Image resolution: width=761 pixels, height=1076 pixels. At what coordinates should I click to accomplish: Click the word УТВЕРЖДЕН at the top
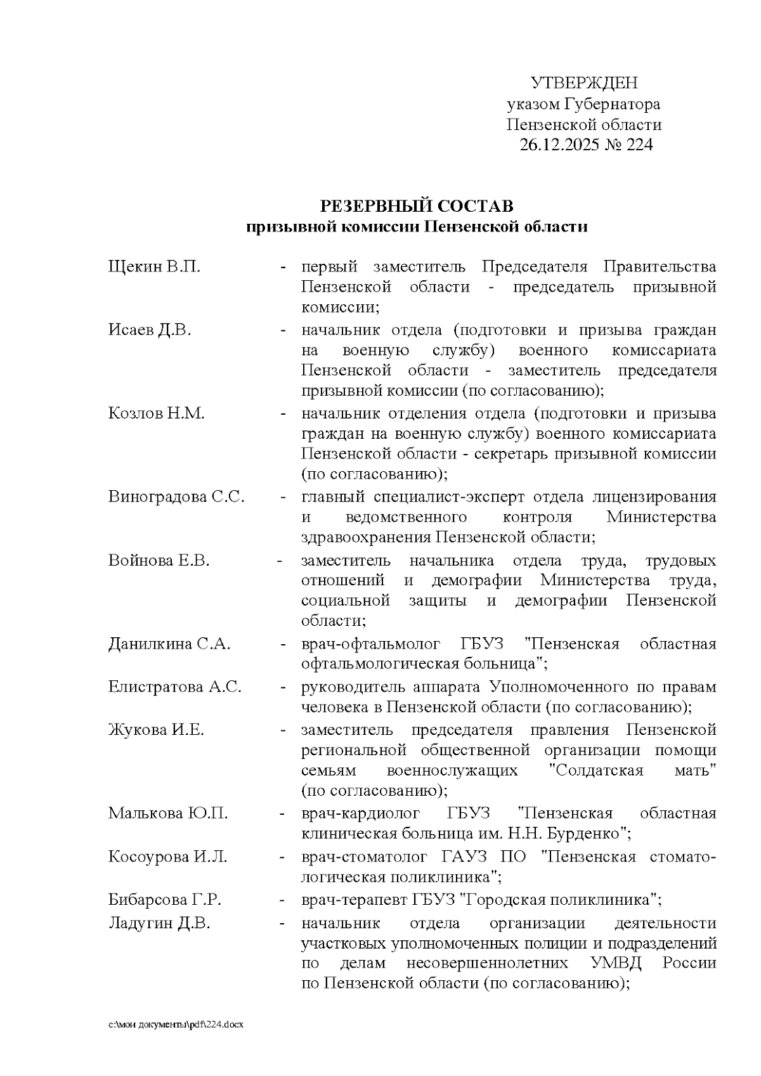pos(583,83)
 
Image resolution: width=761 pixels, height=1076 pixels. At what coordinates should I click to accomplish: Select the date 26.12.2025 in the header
pos(557,145)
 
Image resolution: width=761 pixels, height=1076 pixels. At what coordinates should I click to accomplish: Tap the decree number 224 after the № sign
pos(639,145)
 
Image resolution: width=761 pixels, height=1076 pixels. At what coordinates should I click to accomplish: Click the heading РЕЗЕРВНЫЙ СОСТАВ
pos(417,206)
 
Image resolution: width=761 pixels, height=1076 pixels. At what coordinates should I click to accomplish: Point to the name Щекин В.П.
pos(154,266)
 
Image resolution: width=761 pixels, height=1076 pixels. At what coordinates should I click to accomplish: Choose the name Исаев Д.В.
pos(150,330)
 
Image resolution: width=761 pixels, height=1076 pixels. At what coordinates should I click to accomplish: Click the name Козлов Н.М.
pos(156,413)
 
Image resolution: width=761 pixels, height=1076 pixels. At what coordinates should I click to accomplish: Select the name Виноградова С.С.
pos(176,496)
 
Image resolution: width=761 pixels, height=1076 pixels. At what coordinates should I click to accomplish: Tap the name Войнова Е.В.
pos(159,561)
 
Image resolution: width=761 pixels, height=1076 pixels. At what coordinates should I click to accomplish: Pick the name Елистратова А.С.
pos(174,687)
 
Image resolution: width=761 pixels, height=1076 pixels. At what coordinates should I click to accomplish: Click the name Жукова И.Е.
pos(156,730)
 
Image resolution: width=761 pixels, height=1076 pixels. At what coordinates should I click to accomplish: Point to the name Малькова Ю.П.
pos(167,813)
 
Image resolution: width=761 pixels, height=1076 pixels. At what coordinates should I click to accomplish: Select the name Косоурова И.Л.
pos(167,857)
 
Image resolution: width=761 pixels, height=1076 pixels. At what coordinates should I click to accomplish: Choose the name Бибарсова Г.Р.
pos(164,900)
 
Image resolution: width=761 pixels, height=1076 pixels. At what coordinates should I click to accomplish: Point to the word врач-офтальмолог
pos(371,644)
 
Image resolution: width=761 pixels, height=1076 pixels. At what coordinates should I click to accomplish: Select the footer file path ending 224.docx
pos(176,1025)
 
